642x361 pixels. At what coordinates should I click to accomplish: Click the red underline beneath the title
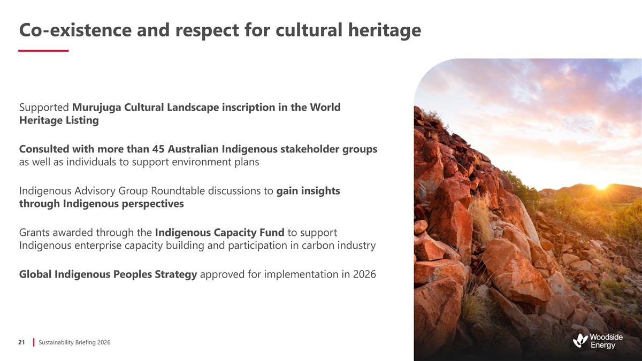coord(43,51)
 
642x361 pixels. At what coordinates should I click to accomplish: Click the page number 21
coord(22,342)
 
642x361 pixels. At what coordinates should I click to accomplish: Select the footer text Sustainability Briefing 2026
coord(75,342)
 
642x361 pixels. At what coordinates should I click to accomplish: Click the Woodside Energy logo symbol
coord(580,340)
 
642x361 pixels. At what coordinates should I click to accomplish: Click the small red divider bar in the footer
coord(34,342)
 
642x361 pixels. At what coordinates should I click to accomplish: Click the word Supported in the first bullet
coord(44,107)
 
